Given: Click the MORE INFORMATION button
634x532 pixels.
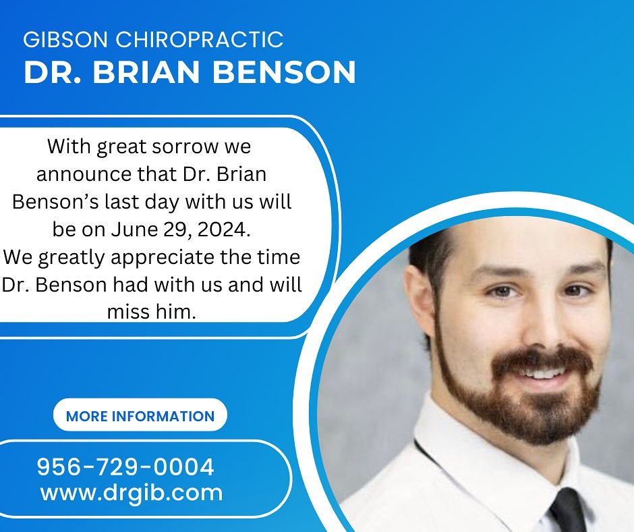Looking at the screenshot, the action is coord(140,415).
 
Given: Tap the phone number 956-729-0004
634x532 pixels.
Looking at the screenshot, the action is coord(125,467).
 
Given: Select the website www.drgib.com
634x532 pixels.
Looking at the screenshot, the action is coord(132,494).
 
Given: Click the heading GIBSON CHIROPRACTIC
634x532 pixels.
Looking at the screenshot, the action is coord(153,40).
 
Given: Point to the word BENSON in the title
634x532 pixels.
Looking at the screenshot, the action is coord(284,72).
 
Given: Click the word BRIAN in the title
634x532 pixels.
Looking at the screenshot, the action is coord(146,72).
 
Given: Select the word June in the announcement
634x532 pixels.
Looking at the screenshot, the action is coord(134,230).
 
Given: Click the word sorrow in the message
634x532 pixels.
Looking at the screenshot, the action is coord(185,147).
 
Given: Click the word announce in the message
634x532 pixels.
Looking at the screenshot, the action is coord(84,175).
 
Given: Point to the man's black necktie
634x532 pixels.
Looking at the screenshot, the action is coord(567,510).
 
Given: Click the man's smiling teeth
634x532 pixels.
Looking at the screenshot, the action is coord(543,373).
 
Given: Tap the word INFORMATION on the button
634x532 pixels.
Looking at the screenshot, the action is coord(163,416).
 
